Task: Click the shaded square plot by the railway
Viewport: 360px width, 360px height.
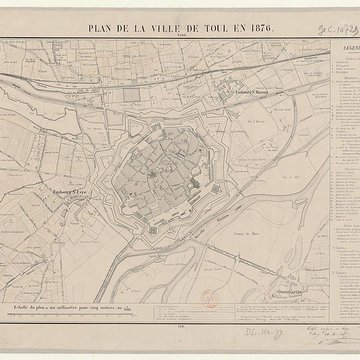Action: [132, 96]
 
